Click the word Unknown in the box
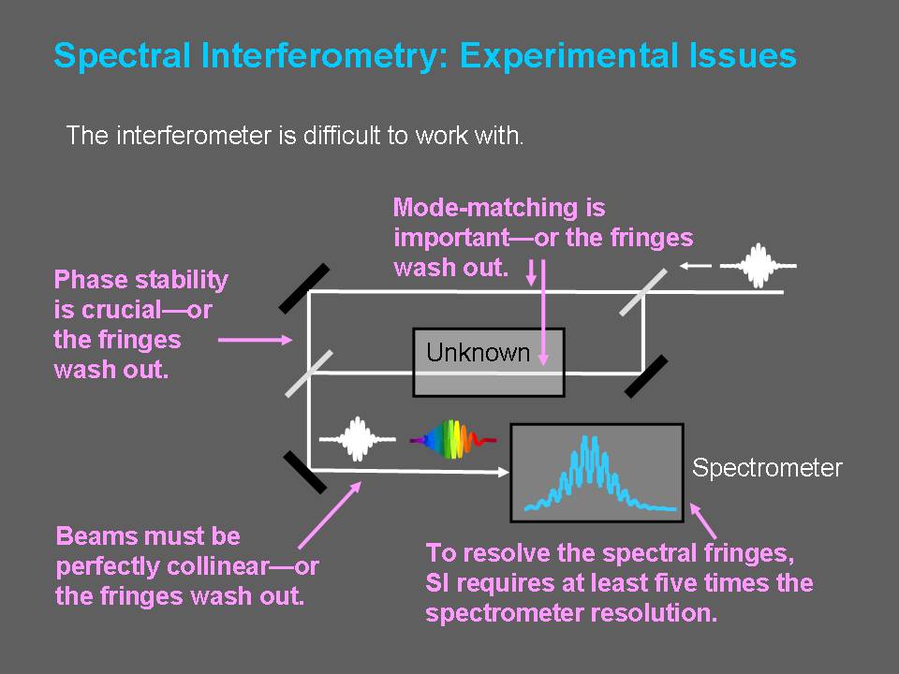[x=478, y=352]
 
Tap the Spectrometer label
[x=767, y=468]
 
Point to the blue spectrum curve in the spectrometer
[x=600, y=474]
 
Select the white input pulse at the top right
[x=758, y=265]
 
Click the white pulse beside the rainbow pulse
[x=357, y=439]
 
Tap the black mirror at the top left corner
[x=304, y=288]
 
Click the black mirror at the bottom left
[x=305, y=472]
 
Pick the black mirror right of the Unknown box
[x=646, y=376]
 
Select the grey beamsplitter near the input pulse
[x=643, y=292]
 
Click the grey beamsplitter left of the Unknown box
[x=309, y=374]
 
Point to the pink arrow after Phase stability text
[x=255, y=340]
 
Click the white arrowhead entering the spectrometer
[x=504, y=472]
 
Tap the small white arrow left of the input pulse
[x=695, y=265]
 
